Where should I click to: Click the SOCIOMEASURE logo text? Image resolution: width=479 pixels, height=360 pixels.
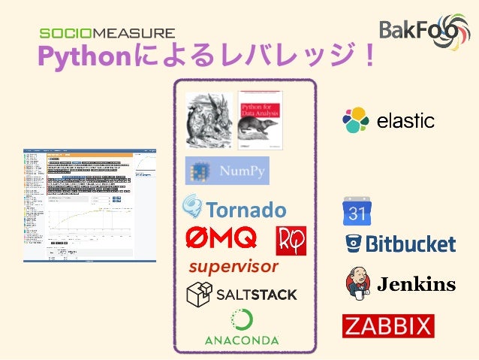tap(107, 33)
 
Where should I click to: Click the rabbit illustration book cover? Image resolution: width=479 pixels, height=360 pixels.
tap(209, 118)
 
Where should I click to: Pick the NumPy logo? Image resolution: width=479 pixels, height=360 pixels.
tap(227, 171)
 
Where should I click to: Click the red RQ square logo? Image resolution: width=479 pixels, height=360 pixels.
tap(291, 240)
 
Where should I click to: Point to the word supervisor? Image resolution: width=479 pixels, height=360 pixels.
tap(233, 267)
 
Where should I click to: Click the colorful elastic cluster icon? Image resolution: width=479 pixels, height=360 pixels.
tap(357, 120)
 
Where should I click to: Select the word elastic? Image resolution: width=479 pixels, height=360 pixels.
tap(405, 121)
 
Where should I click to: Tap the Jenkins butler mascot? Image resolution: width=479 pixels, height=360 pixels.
tap(357, 283)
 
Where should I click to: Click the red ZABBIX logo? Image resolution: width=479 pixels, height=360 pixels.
tap(388, 326)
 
